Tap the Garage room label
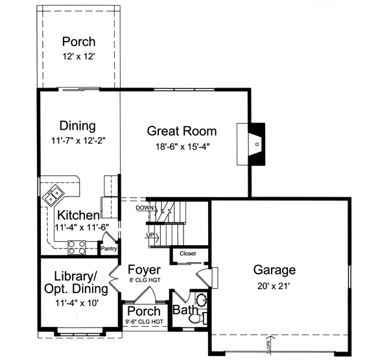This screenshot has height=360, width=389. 274,270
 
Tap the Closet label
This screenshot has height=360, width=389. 187,253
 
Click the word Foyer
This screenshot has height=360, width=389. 144,269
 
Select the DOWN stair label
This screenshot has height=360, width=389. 144,208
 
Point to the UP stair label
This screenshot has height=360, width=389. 150,234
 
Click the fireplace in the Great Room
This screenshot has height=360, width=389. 257,144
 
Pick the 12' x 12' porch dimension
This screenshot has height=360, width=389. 78,56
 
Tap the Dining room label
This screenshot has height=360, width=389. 78,126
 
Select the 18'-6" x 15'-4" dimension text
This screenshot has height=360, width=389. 182,147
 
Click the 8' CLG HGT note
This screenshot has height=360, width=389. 144,280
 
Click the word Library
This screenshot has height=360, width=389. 75,274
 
